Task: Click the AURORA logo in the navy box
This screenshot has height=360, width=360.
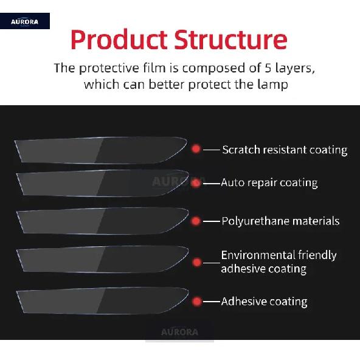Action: coord(24,22)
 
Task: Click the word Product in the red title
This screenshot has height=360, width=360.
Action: coord(119,40)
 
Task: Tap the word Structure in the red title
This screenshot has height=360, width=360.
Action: coord(230,40)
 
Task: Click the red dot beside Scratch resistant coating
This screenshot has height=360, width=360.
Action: coord(196,149)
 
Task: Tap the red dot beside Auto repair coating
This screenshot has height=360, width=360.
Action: coord(196,183)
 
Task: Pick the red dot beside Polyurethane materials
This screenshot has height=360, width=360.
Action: coord(196,221)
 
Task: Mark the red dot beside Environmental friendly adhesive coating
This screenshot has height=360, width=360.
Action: coord(196,263)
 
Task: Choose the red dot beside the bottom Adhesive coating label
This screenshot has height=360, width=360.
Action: coord(196,302)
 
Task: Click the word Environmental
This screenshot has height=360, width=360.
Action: coord(258,255)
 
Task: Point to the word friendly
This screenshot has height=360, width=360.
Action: coord(317,255)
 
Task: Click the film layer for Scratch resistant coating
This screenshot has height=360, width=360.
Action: coord(100,150)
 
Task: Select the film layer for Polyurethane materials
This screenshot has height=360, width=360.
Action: coord(102,221)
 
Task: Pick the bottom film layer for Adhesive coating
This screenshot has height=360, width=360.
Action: coord(102,300)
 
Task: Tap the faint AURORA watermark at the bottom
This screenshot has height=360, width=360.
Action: coord(179,332)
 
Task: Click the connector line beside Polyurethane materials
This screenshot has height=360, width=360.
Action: coord(212,221)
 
